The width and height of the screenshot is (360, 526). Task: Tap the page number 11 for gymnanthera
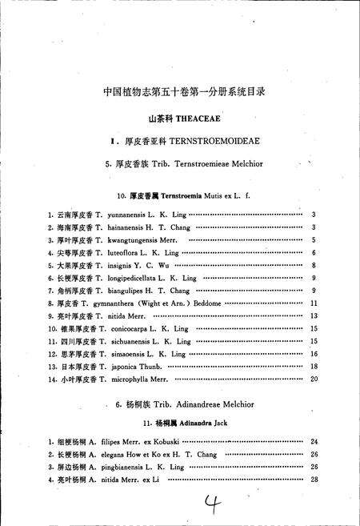pos(314,303)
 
